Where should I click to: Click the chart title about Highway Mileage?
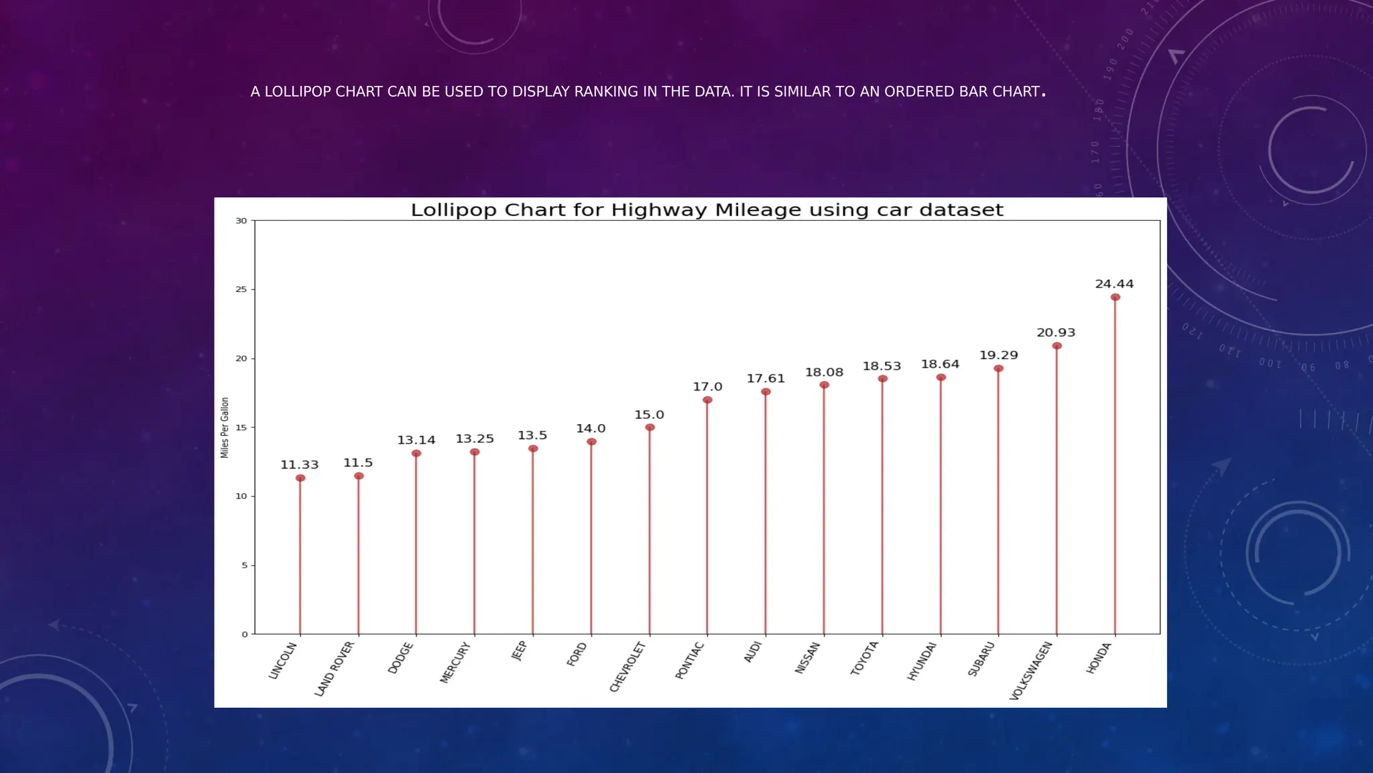pos(707,210)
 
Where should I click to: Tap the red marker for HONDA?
pos(1115,297)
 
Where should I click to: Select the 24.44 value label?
pos(1114,284)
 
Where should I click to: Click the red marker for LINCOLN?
pos(300,478)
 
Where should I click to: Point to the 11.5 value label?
pos(358,463)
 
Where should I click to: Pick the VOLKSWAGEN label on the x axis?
pos(1031,670)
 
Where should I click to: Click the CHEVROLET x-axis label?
pos(628,666)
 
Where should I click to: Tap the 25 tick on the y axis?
pos(241,289)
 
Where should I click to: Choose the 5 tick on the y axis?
pos(245,565)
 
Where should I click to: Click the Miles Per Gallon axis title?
pos(225,427)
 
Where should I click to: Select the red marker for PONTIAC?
pos(707,400)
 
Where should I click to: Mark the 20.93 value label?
pos(1056,333)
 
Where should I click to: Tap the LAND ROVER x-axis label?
pos(334,668)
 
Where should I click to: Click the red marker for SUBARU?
pos(998,368)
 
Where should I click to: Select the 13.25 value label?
pos(475,439)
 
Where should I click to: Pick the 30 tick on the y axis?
pos(241,220)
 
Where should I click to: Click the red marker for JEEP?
pos(533,448)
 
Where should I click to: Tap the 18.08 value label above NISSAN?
pos(824,372)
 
